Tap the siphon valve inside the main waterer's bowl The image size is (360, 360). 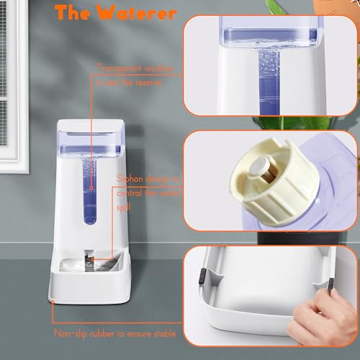(x=88, y=257)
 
